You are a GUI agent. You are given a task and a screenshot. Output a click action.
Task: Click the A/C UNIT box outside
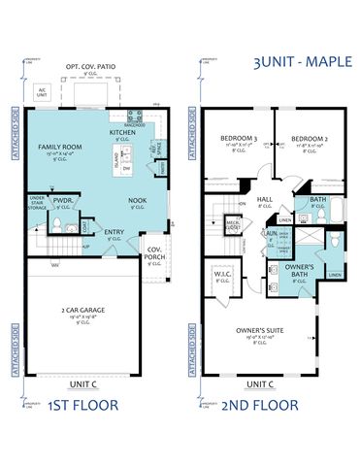[42, 92]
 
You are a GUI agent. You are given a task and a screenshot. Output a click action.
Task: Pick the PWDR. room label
[62, 202]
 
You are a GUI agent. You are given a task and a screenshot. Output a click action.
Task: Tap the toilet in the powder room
[57, 225]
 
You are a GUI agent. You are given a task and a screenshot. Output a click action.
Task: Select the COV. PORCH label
[154, 252]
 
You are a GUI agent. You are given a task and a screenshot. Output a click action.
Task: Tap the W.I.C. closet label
[221, 274]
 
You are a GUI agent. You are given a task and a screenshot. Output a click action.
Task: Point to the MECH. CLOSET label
[233, 223]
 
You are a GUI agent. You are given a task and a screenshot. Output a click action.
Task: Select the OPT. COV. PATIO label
[90, 67]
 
